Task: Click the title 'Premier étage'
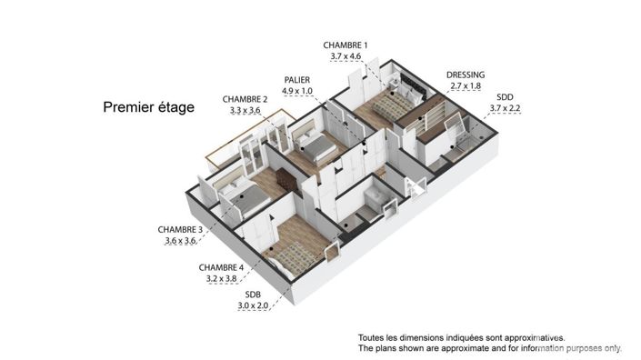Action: pyautogui.click(x=148, y=107)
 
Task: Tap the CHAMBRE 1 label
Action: pyautogui.click(x=346, y=45)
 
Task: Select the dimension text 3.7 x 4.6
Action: pyautogui.click(x=346, y=56)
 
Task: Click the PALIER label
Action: pyautogui.click(x=296, y=80)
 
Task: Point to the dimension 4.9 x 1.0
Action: pyautogui.click(x=296, y=92)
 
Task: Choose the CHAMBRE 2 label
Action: pyautogui.click(x=245, y=99)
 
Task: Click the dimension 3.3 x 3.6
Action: pyautogui.click(x=245, y=111)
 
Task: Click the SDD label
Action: pyautogui.click(x=504, y=96)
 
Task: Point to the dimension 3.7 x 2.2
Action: pyautogui.click(x=504, y=108)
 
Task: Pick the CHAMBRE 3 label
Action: pyautogui.click(x=180, y=230)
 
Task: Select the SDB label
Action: pyautogui.click(x=254, y=295)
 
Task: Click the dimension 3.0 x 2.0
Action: pyautogui.click(x=254, y=307)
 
